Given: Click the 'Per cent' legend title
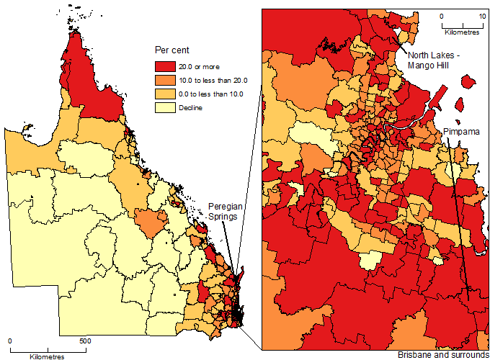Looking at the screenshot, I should click(171, 50).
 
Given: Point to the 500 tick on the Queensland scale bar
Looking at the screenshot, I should click(84, 341).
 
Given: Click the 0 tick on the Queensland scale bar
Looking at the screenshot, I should click(10, 341).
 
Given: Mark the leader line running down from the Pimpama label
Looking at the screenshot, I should click(460, 216).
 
